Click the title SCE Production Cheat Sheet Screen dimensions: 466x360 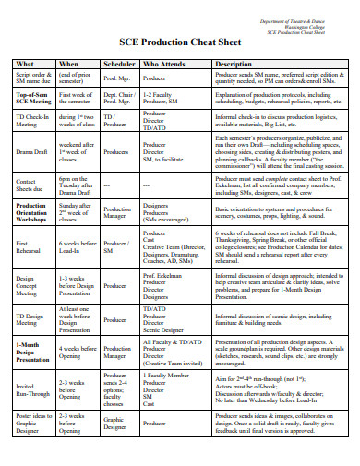[x=180, y=42]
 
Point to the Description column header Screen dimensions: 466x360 [x=233, y=63]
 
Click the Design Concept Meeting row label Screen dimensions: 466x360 [x=26, y=285]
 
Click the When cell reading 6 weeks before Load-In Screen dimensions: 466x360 [x=76, y=246]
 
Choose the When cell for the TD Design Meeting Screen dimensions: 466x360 [x=76, y=318]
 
